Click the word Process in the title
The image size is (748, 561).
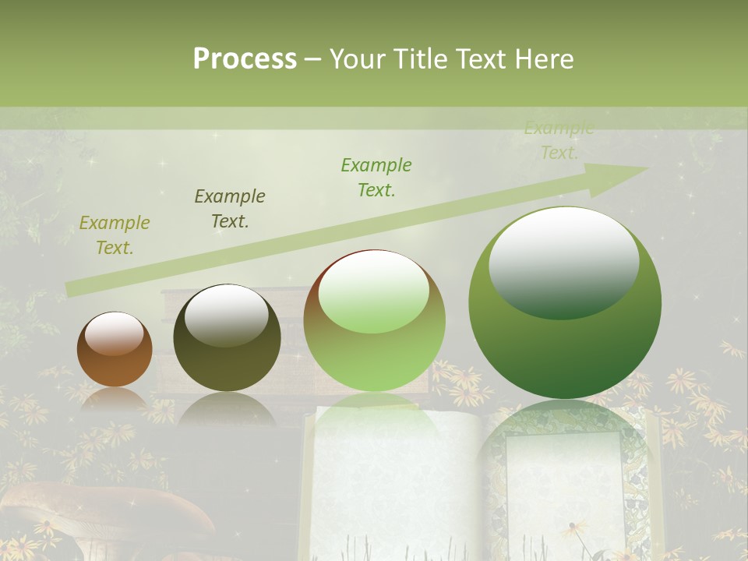point(245,59)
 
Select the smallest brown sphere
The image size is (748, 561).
point(115,350)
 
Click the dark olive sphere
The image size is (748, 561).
point(227,338)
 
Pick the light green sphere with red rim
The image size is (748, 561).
point(374,321)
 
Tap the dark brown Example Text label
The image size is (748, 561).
point(230,209)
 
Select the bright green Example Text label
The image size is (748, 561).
point(376,178)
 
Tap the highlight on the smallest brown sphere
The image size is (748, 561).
point(114,333)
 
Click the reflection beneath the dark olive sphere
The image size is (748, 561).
point(226,409)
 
